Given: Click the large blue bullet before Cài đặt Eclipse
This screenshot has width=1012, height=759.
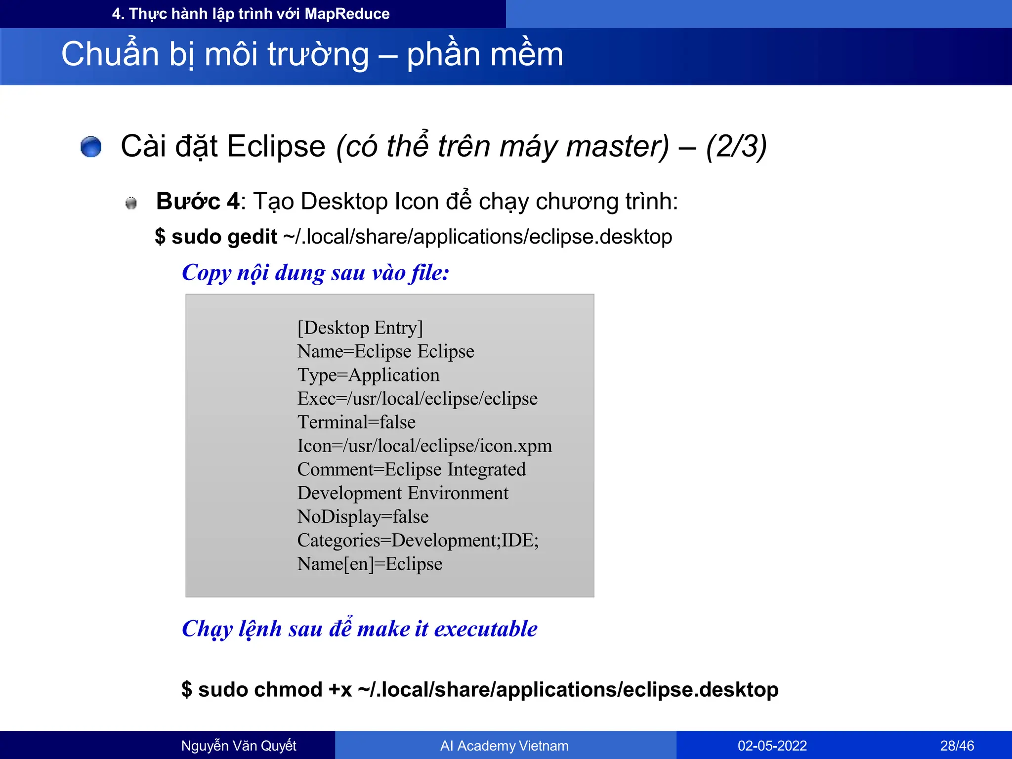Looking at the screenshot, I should point(91,147).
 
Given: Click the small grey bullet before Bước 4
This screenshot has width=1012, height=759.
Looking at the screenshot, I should point(131,203).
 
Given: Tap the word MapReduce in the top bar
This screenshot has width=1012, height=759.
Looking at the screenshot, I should point(347,14).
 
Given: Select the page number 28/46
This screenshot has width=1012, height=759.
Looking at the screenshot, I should point(957,746).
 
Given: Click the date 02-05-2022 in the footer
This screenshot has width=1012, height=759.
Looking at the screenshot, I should point(772,746).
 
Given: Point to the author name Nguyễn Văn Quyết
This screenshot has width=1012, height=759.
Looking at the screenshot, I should point(239,746).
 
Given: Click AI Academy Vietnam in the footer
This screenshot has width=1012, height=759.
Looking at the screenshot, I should point(504,746).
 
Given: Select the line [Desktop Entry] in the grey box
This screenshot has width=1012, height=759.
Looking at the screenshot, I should point(360,328).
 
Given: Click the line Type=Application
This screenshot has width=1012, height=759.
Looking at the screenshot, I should point(368,375).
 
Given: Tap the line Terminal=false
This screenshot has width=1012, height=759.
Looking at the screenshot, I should point(356,422).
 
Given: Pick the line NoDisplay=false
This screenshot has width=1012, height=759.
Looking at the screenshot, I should point(363,517).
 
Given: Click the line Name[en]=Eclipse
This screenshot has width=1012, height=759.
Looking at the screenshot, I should point(370,564).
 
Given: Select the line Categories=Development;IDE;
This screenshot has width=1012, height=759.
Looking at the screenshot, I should point(418,541).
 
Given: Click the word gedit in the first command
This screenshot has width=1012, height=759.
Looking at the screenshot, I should point(252,237).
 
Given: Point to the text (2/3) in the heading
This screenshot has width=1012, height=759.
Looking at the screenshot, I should point(736,147).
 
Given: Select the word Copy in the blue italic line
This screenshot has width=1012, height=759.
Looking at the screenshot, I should point(206,273).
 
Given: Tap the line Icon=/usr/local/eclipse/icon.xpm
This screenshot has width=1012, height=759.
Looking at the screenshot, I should point(424,446).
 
